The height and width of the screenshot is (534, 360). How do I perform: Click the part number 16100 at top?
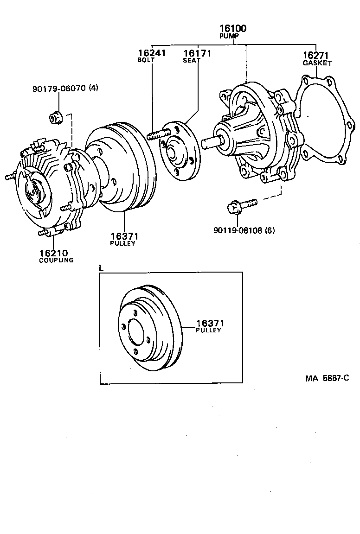[x=233, y=29]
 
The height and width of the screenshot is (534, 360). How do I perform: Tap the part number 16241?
[x=151, y=53]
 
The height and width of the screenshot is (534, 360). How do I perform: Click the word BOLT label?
[x=144, y=60]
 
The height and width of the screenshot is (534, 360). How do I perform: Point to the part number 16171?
[x=197, y=53]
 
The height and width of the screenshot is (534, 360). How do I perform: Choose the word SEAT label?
[x=191, y=60]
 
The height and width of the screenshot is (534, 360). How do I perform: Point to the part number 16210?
[x=53, y=253]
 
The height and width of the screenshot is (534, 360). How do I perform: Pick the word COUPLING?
[x=56, y=260]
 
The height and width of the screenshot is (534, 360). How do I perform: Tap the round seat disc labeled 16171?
[x=180, y=147]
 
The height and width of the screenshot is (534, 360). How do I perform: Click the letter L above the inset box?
[x=102, y=268]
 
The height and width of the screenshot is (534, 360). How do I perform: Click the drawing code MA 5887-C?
[x=327, y=378]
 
